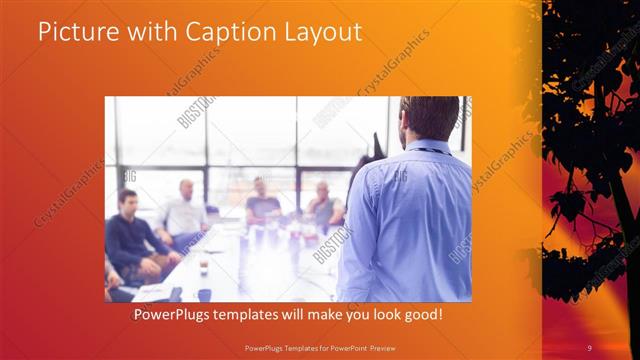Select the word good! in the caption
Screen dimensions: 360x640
(423, 314)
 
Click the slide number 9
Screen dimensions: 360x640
(590, 347)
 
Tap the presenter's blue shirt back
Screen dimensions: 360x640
(410, 220)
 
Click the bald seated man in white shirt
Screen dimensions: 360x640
(185, 212)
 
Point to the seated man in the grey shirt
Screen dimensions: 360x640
(323, 206)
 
